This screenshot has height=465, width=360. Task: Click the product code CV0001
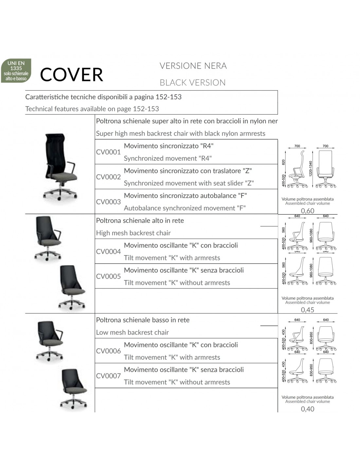pos(108,152)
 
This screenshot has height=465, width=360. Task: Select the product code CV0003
pos(108,202)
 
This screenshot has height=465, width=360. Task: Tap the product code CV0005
pos(108,276)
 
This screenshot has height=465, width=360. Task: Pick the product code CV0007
pos(108,376)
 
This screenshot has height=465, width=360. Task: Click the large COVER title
pos(71,75)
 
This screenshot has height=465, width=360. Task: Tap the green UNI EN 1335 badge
pos(16,71)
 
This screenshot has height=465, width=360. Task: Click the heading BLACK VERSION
pos(192,83)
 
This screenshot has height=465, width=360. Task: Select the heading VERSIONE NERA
pos(193,66)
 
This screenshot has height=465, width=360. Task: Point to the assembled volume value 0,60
pos(308,211)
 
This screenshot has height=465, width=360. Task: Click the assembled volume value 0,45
pos(308,310)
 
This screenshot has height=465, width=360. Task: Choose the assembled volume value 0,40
pos(308,409)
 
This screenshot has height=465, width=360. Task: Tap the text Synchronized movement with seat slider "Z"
pos(189,183)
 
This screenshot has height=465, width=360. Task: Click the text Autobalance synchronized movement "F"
pos(185,208)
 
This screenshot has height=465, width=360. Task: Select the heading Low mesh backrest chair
pos(132,333)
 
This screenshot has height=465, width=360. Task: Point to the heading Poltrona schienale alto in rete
pos(140,221)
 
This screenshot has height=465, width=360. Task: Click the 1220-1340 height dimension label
pos(311,169)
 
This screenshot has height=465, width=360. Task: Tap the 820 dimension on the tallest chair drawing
pos(283,162)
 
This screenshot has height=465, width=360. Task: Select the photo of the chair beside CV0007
pos(74,388)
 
